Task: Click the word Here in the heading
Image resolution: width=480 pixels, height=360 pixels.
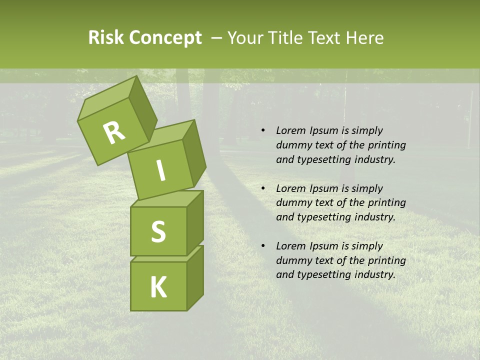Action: [364, 38]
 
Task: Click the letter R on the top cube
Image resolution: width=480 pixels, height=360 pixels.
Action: [114, 133]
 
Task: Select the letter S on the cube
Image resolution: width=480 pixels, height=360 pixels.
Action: [158, 231]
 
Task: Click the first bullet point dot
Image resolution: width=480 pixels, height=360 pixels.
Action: [263, 131]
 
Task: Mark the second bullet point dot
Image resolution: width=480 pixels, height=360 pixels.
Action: [263, 189]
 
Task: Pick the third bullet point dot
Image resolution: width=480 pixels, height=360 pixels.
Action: [263, 246]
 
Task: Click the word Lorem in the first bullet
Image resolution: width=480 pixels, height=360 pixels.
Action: [290, 131]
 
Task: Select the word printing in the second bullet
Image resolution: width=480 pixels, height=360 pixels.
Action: [387, 203]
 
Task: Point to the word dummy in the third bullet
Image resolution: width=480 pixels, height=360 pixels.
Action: [292, 260]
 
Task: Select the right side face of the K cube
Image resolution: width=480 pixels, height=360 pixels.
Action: [195, 277]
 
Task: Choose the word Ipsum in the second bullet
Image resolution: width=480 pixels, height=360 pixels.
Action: [323, 188]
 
